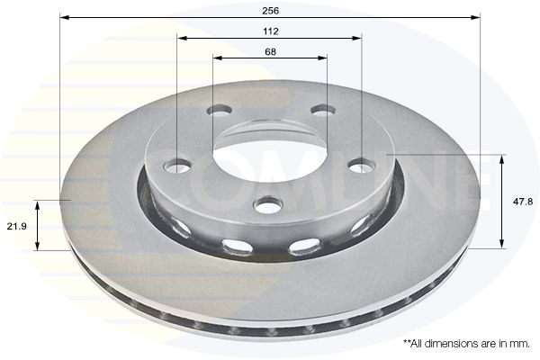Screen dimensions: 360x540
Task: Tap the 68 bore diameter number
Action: (271, 51)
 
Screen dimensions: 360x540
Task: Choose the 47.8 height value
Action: (522, 202)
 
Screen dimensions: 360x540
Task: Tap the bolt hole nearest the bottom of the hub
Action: (267, 204)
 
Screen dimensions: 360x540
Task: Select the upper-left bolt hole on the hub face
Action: (219, 112)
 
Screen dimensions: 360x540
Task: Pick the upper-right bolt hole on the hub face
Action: (320, 111)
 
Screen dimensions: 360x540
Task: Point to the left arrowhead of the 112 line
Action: (181, 40)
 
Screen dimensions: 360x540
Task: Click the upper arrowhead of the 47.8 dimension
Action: (501, 158)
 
